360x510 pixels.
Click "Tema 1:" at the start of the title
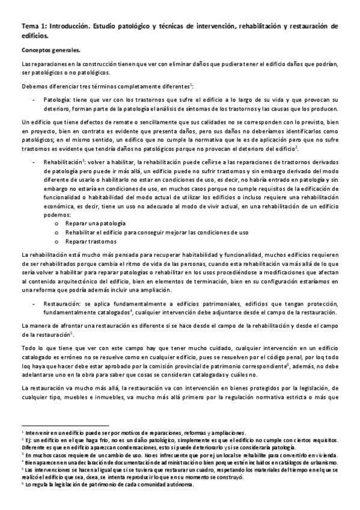[34, 26]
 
